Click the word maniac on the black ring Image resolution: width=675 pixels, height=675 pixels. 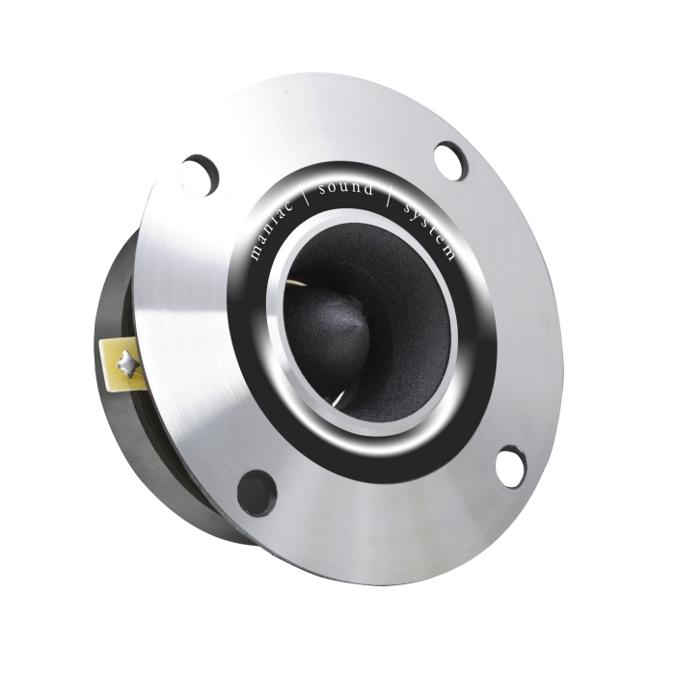pyautogui.click(x=271, y=229)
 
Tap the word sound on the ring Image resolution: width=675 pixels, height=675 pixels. pyautogui.click(x=345, y=189)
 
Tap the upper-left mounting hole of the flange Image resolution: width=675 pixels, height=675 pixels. pyautogui.click(x=199, y=175)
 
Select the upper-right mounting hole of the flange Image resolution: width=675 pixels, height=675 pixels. pyautogui.click(x=450, y=161)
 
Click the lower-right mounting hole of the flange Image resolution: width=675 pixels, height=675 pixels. pyautogui.click(x=511, y=467)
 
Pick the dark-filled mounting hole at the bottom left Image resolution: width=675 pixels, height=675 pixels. pyautogui.click(x=257, y=494)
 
